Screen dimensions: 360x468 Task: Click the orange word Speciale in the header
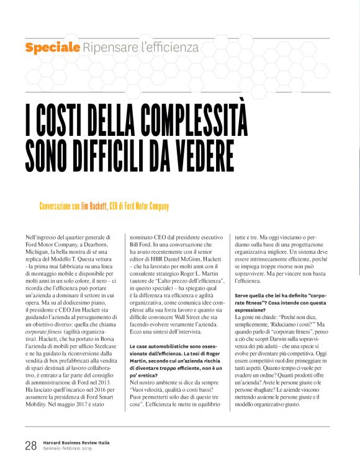pyautogui.click(x=52, y=47)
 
